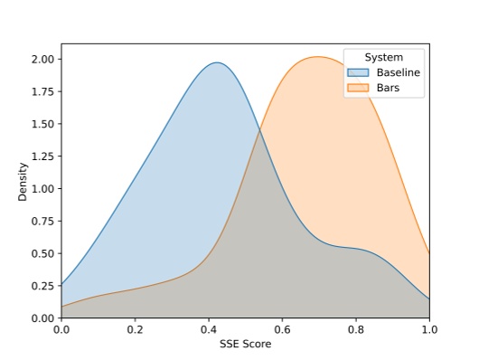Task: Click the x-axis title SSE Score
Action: (245, 344)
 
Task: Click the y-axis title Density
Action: (23, 181)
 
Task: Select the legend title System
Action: (384, 57)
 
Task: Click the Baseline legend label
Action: (399, 72)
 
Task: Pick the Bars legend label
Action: (389, 88)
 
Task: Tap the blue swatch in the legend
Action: (358, 72)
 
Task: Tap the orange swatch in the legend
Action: (358, 88)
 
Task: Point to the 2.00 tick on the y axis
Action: (42, 59)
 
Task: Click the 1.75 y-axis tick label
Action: (42, 91)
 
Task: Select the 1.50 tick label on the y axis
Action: (42, 124)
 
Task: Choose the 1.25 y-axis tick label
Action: (42, 156)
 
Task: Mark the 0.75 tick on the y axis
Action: (42, 221)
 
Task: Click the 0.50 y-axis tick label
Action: (42, 253)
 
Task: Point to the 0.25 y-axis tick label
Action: (42, 286)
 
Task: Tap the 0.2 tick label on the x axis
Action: (135, 330)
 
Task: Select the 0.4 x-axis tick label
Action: (209, 330)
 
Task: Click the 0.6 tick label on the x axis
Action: (282, 330)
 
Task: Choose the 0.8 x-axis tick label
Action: (356, 330)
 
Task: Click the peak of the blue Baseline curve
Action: (217, 62)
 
